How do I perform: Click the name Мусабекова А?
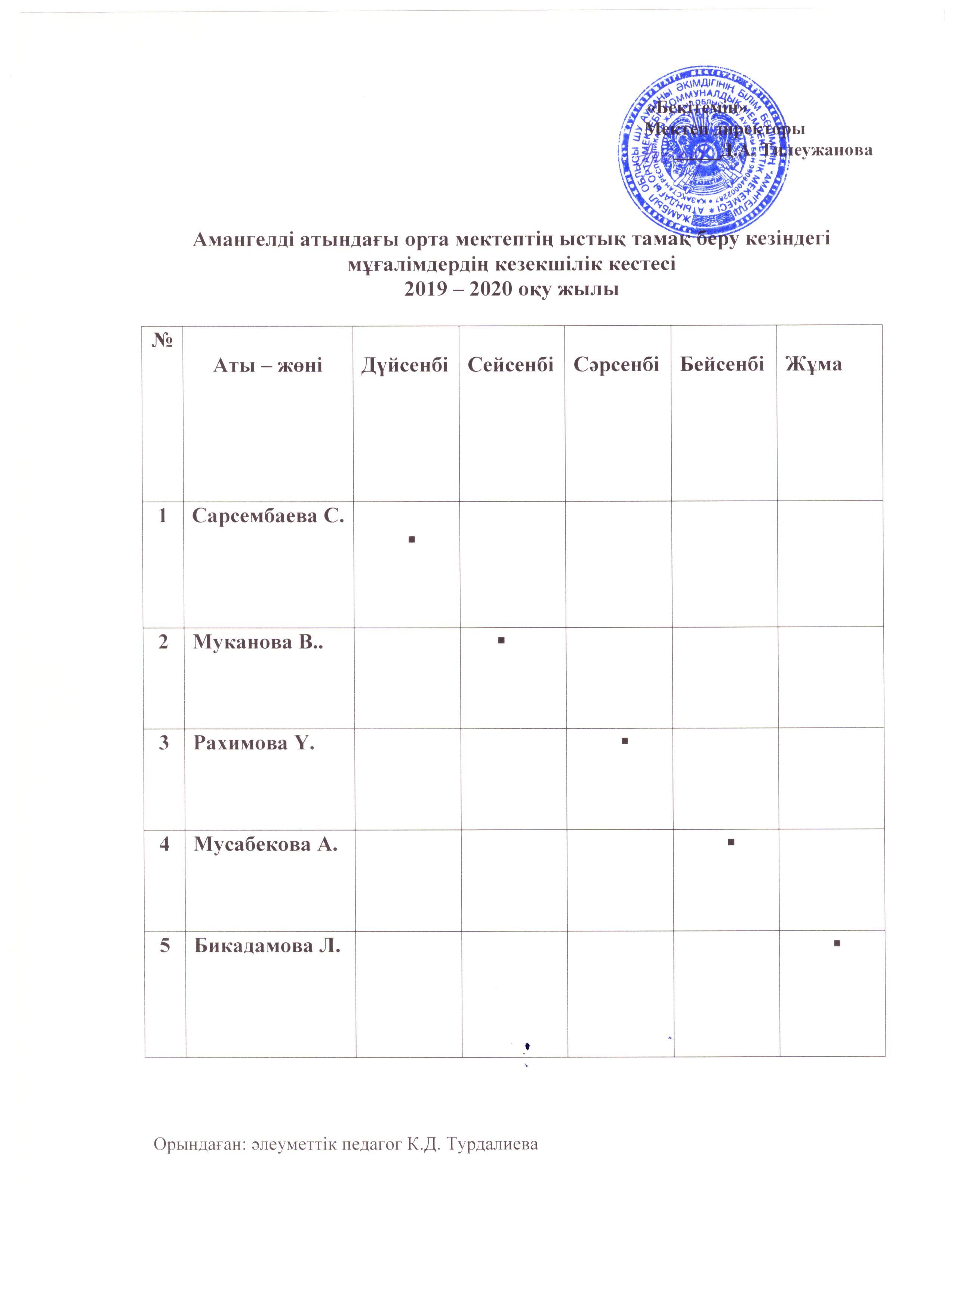(265, 845)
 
